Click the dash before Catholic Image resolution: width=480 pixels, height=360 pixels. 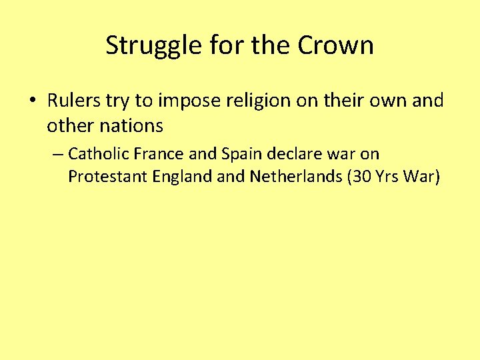pos(57,155)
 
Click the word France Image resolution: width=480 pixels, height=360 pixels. pos(158,154)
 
